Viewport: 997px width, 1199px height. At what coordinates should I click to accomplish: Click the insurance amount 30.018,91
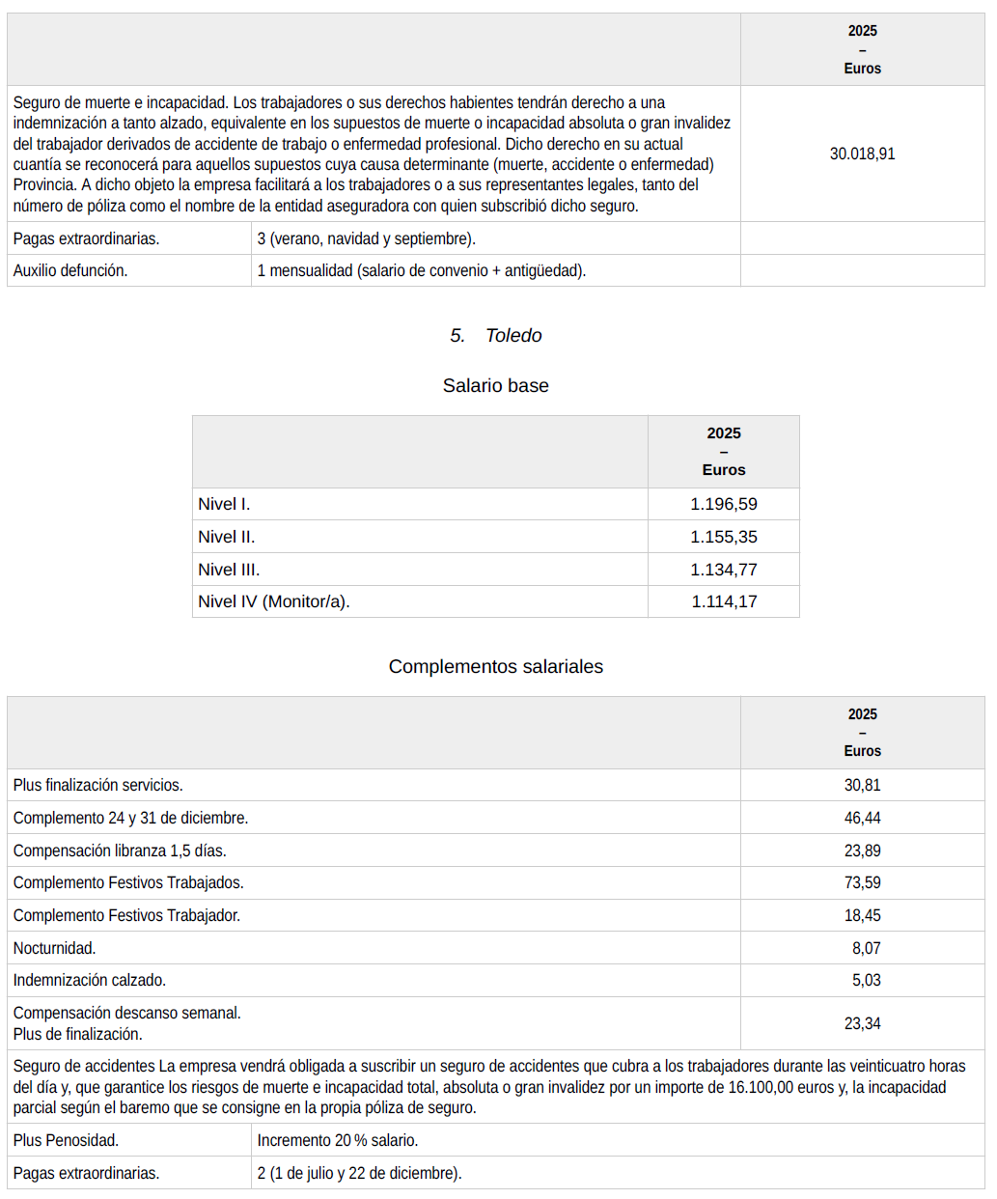862,153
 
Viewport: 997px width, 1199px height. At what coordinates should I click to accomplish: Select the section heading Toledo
512,335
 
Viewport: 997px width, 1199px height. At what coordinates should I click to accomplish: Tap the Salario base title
495,385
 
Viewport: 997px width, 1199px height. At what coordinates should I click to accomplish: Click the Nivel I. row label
224,504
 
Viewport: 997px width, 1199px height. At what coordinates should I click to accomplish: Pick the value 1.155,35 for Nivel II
724,537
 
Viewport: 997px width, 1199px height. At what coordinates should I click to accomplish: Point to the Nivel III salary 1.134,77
724,570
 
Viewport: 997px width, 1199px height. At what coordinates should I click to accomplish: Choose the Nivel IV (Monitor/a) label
274,601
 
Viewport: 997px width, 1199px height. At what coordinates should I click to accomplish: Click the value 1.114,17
724,601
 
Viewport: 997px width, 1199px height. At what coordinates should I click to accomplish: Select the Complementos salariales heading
495,666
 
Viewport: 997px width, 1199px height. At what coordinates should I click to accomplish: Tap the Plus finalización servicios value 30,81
862,785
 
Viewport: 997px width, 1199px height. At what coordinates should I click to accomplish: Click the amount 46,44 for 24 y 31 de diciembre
862,818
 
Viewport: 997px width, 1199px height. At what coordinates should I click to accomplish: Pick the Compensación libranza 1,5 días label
120,850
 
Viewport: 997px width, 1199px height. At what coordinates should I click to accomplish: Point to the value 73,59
862,882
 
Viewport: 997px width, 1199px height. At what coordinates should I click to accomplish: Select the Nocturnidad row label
54,948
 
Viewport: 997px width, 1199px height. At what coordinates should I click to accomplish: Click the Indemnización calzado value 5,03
866,980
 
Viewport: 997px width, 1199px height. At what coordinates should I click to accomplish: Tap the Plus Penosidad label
66,1140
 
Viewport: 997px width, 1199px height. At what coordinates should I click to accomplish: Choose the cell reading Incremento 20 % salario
338,1140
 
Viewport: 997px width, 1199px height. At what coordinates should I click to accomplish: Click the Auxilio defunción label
70,270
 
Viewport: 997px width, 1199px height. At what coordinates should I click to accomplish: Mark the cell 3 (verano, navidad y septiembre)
367,238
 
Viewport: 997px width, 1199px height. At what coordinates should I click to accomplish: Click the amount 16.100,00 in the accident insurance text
769,1087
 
